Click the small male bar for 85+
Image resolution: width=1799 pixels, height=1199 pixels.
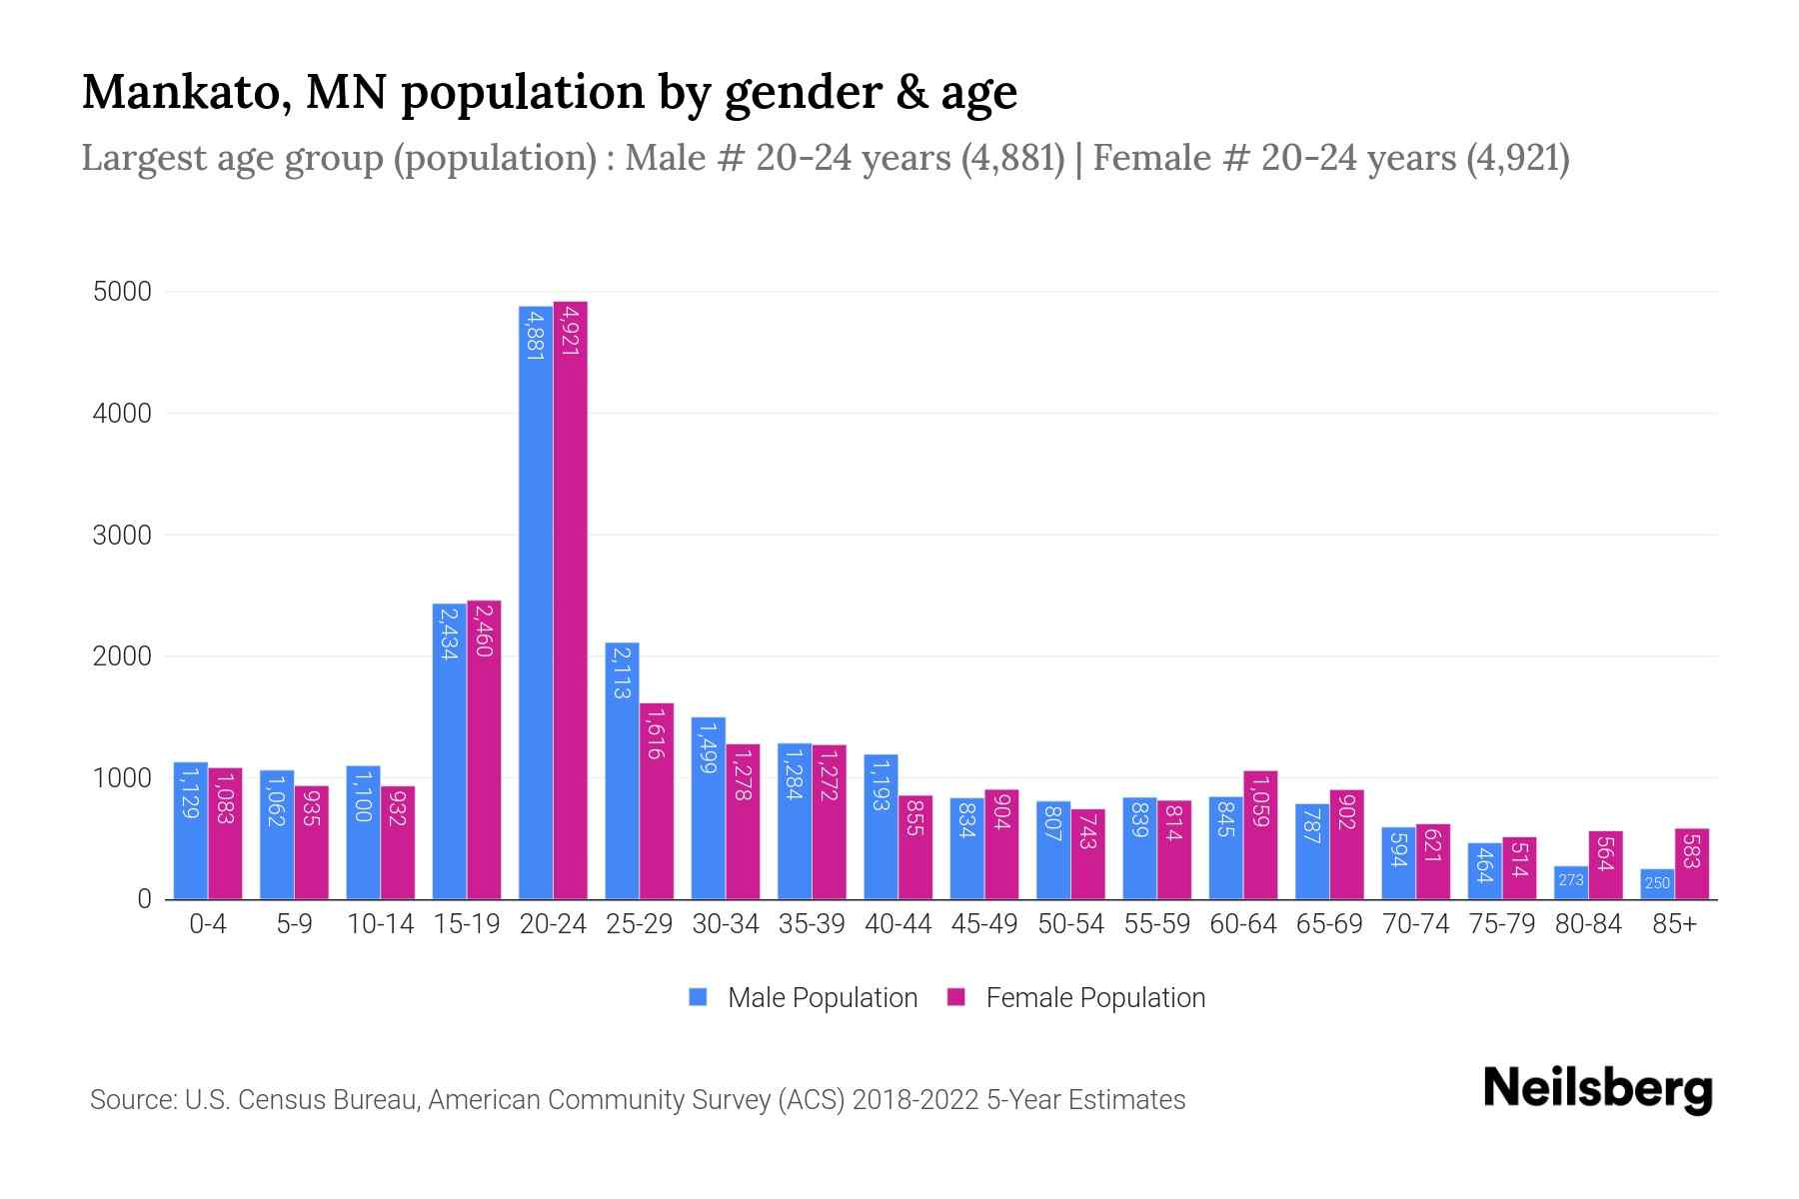pos(1657,884)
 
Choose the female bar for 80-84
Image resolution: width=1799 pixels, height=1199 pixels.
pos(1605,865)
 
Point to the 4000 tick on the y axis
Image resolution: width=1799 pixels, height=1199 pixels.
pos(122,414)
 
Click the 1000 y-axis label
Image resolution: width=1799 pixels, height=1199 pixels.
pos(122,778)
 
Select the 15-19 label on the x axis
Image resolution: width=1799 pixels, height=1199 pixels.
pos(467,924)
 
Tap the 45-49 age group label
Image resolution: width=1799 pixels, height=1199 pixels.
pos(984,924)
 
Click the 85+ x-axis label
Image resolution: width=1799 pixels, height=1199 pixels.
pos(1674,924)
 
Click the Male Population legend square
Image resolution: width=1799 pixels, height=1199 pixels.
pos(699,997)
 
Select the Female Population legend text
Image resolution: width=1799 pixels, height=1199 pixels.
pos(1095,998)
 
